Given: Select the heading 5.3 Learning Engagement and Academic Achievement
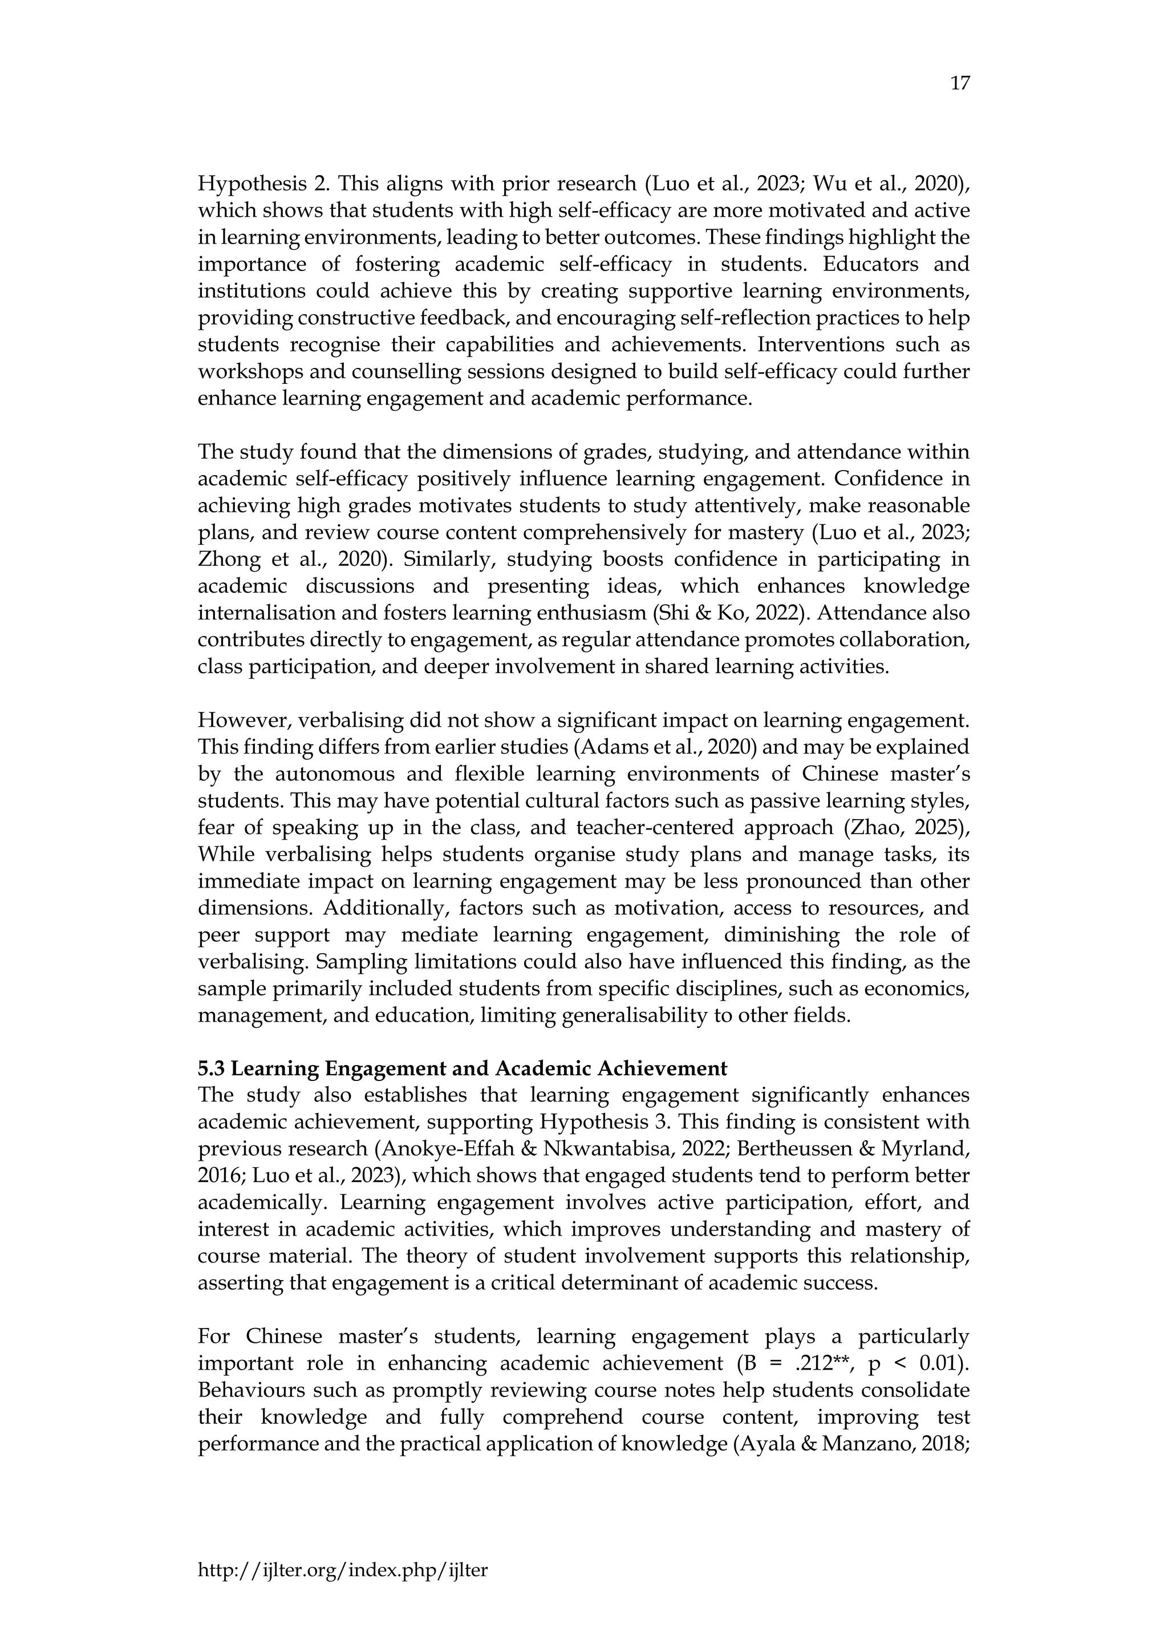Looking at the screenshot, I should [x=463, y=1068].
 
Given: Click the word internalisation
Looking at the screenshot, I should [x=271, y=613].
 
